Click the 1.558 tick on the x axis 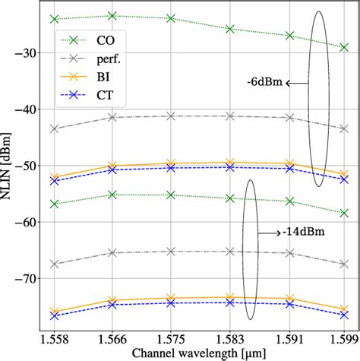pos(54,336)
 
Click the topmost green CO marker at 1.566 pos(112,15)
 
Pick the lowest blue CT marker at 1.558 pos(54,315)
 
